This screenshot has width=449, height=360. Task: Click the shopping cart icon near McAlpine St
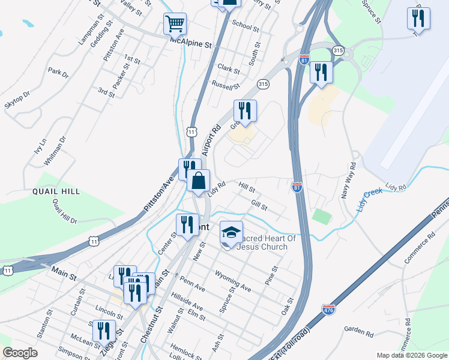click(175, 24)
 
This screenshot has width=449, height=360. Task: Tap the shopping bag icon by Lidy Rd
click(198, 181)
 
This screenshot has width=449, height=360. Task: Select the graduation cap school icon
click(231, 233)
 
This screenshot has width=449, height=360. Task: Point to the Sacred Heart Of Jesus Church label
click(267, 242)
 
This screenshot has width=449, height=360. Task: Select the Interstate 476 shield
click(328, 309)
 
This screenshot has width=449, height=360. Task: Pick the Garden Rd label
click(359, 329)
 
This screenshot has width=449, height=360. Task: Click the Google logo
click(20, 352)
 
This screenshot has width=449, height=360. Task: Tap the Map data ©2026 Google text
click(411, 355)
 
